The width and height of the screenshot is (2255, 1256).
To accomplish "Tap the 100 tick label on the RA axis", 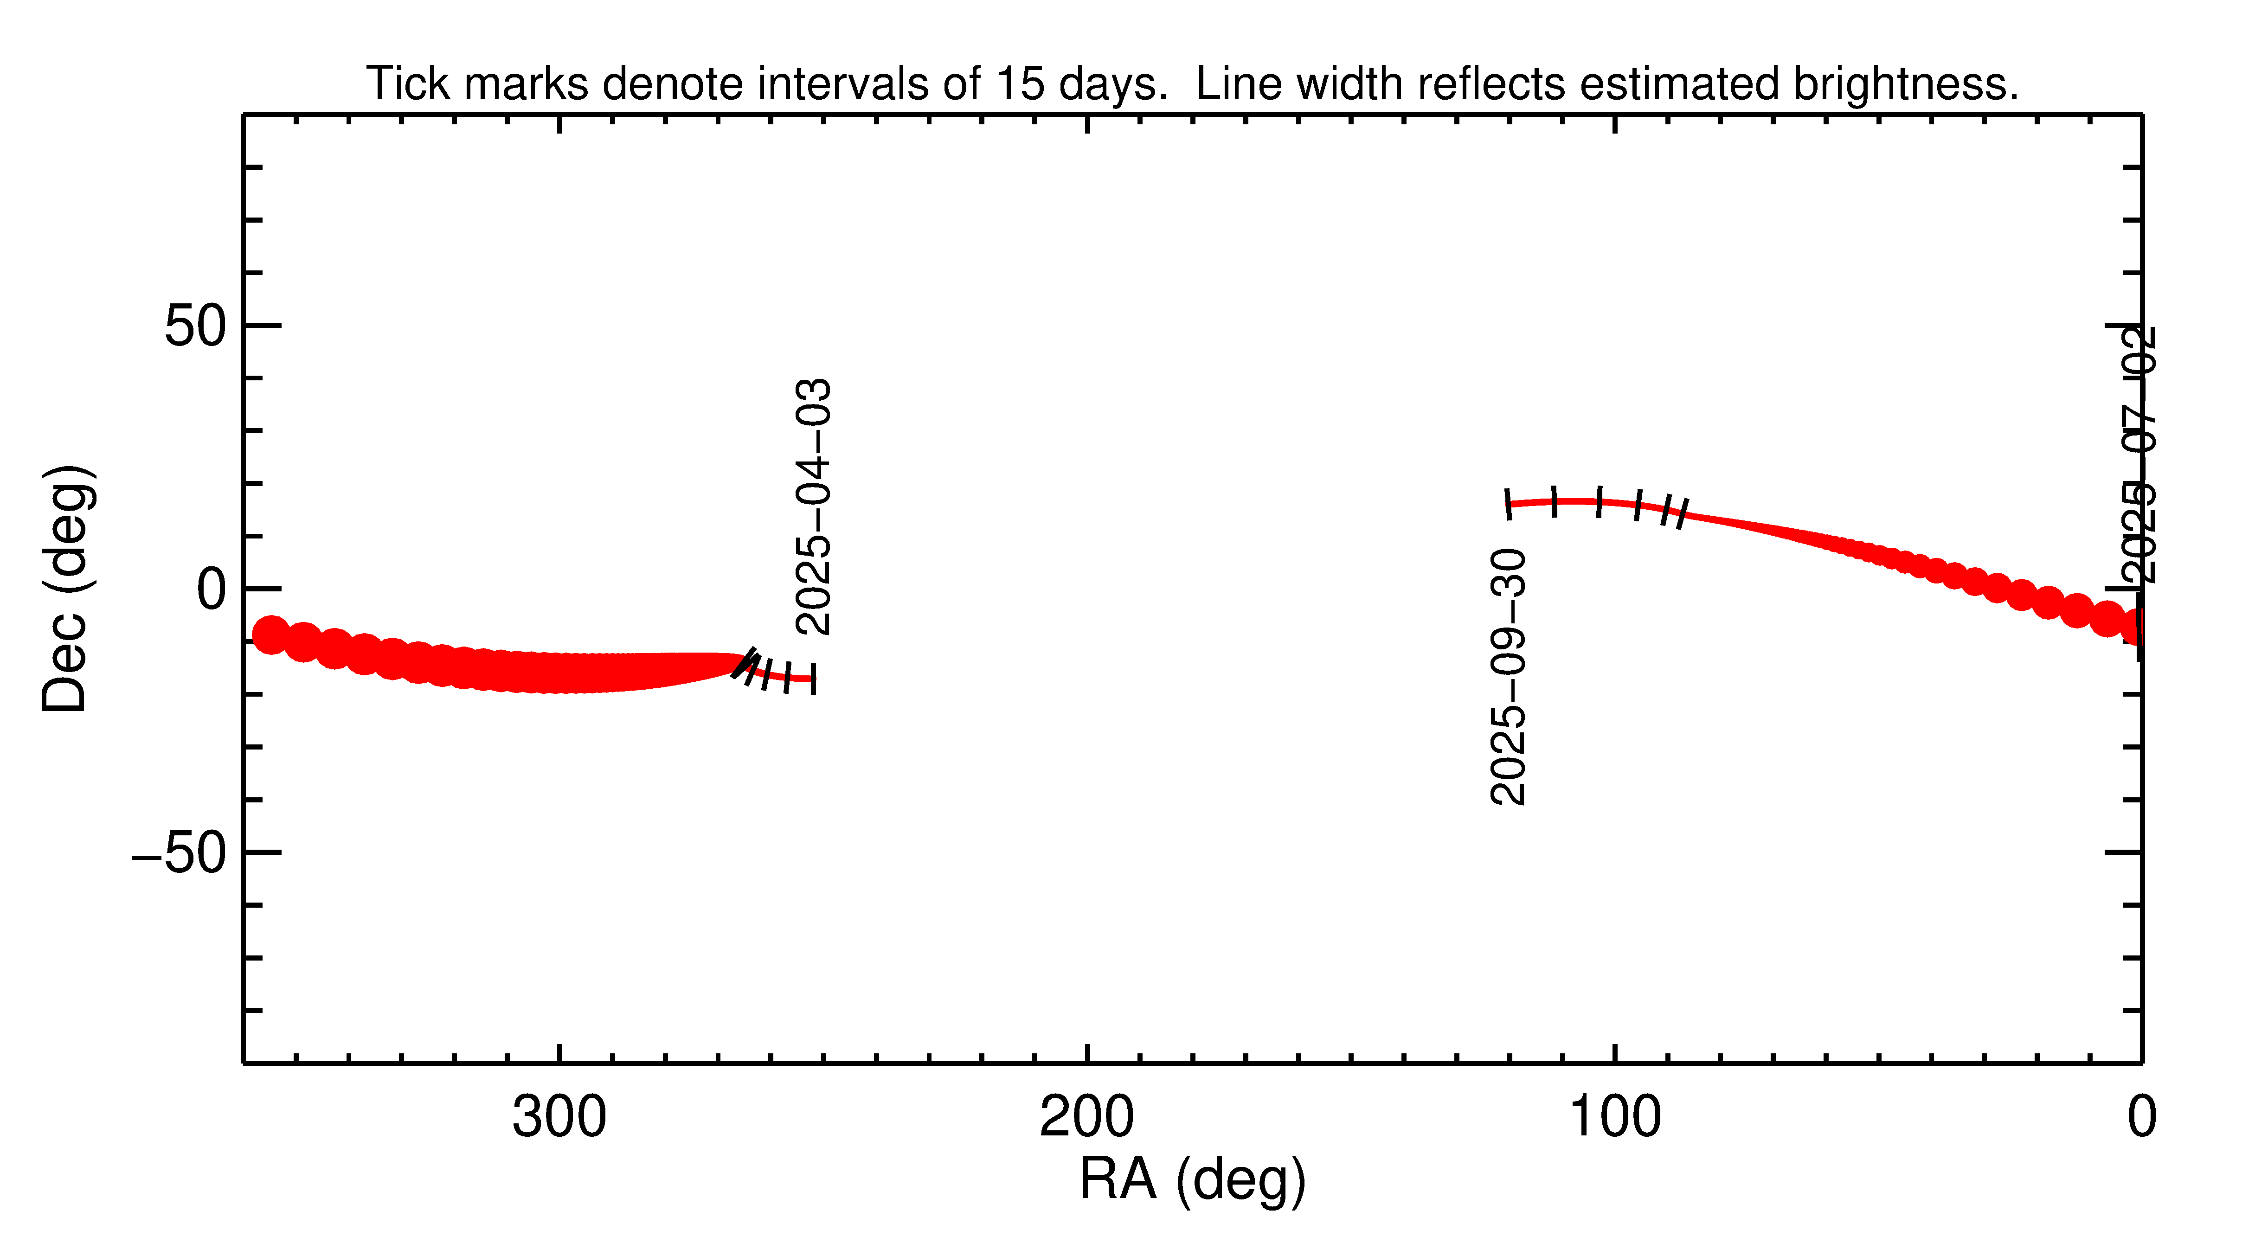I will coord(1614,1118).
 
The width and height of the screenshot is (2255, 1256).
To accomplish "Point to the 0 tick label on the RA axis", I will coord(2141,1118).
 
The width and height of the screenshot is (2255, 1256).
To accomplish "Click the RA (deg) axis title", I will coord(1192,1180).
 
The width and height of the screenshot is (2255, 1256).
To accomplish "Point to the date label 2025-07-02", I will coord(2136,455).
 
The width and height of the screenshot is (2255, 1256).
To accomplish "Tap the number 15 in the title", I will coord(1021,84).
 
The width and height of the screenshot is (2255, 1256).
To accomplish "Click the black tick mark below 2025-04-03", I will coord(813,679).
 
